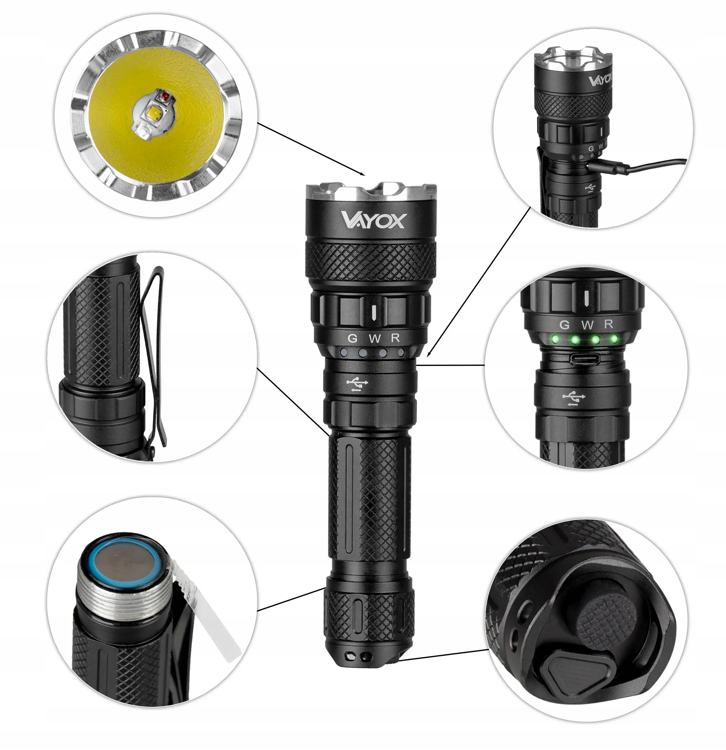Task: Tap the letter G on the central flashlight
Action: (x=352, y=338)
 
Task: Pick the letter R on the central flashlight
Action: (x=396, y=338)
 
